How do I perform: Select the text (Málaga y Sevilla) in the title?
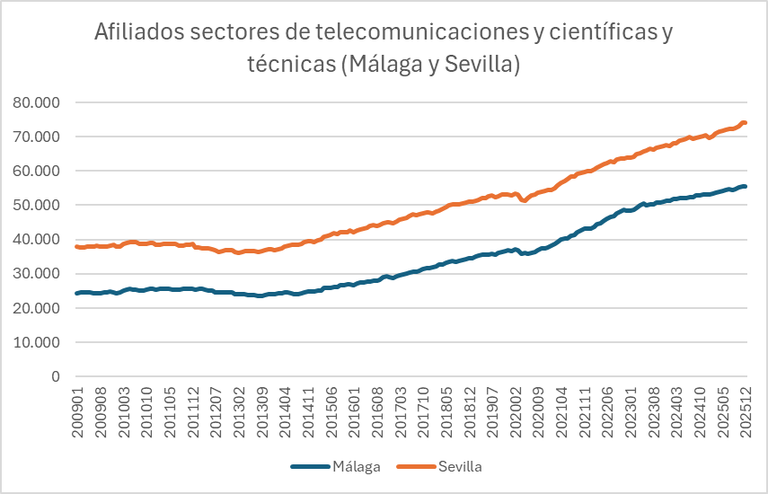[x=430, y=65]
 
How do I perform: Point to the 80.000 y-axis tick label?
[x=36, y=102]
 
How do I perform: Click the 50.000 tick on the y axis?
[x=36, y=205]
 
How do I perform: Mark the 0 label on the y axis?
[x=55, y=376]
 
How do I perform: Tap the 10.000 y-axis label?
[x=36, y=342]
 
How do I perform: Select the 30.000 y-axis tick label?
[x=36, y=274]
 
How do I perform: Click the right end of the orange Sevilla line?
[x=746, y=123]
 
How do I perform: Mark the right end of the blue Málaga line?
[x=746, y=186]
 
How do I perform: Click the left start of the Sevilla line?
[x=77, y=246]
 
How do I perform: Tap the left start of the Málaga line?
[x=77, y=293]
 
